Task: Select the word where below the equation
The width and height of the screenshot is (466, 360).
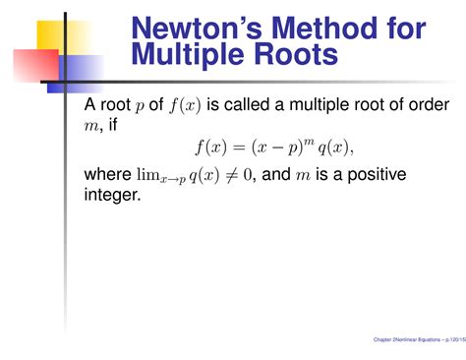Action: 109,175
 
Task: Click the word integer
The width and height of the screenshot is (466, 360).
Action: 114,196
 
